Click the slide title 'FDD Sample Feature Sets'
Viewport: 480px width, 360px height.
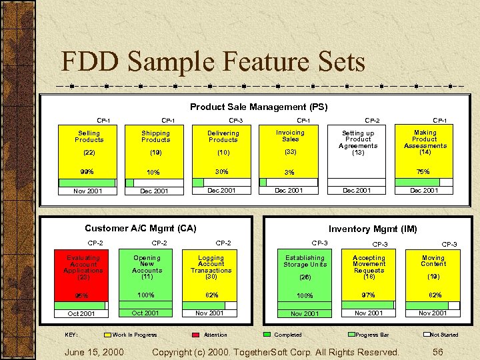213,62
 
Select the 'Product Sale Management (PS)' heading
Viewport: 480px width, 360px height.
259,107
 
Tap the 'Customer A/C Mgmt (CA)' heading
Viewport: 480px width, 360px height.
140,228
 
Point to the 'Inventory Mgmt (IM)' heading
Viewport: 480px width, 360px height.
373,229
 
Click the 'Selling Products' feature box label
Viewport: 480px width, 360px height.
89,136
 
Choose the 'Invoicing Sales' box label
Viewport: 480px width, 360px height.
290,135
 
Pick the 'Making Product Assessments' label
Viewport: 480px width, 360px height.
425,139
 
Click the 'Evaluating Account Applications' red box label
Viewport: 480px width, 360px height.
83,264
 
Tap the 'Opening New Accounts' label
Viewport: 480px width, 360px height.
147,264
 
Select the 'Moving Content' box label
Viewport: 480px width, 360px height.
433,261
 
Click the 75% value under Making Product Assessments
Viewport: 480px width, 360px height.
423,171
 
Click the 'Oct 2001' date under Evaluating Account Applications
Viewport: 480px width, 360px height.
81,313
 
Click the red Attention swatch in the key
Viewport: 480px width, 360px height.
196,335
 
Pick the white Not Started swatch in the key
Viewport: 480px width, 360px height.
425,335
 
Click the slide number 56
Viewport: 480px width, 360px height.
438,351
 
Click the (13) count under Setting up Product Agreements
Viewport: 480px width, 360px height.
358,153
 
